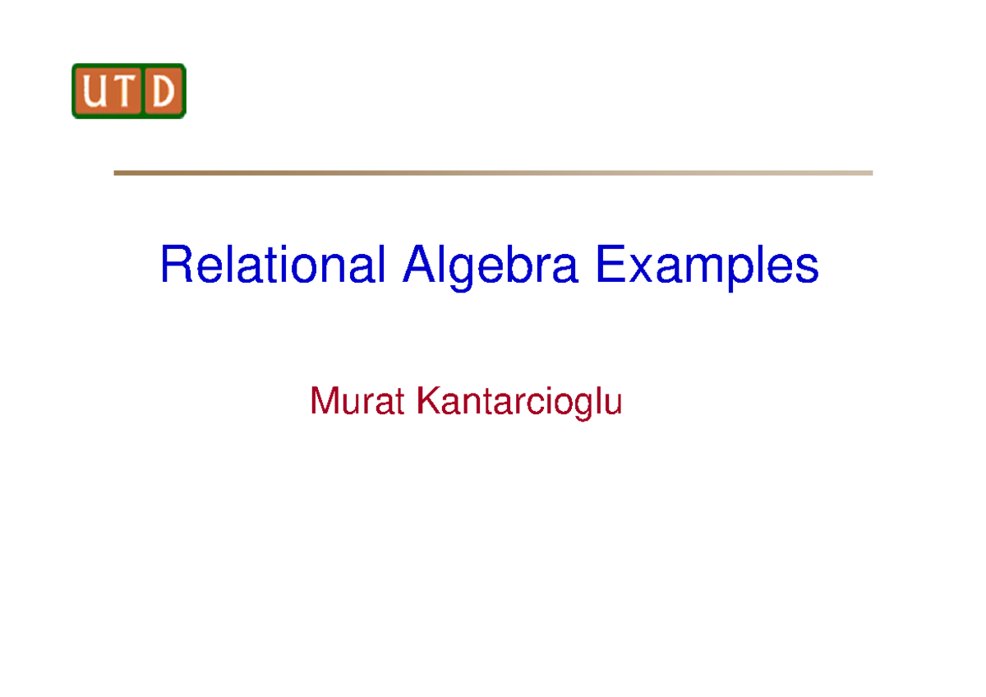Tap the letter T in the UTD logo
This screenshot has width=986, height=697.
tap(128, 92)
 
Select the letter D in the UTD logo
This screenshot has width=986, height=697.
tap(164, 92)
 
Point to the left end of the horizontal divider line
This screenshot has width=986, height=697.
tap(115, 173)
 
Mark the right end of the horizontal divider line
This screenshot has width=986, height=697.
tap(871, 173)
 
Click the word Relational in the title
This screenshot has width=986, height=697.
tap(273, 265)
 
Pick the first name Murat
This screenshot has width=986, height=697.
tap(359, 402)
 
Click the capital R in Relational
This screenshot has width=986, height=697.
tap(176, 265)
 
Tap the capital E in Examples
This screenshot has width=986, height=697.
tap(610, 265)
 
